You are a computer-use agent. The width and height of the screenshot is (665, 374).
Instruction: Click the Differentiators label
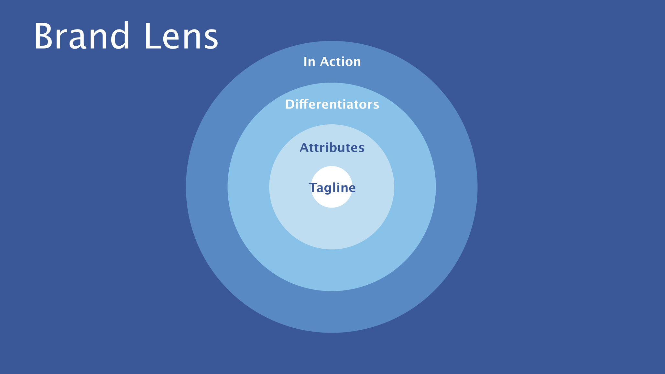332,104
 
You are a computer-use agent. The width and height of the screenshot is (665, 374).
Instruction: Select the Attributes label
332,148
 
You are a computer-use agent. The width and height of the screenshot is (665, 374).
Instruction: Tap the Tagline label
332,188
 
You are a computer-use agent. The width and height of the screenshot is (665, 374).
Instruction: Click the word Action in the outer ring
340,62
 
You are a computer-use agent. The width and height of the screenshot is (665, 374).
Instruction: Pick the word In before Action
309,62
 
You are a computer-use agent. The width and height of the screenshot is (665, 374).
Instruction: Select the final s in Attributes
361,149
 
